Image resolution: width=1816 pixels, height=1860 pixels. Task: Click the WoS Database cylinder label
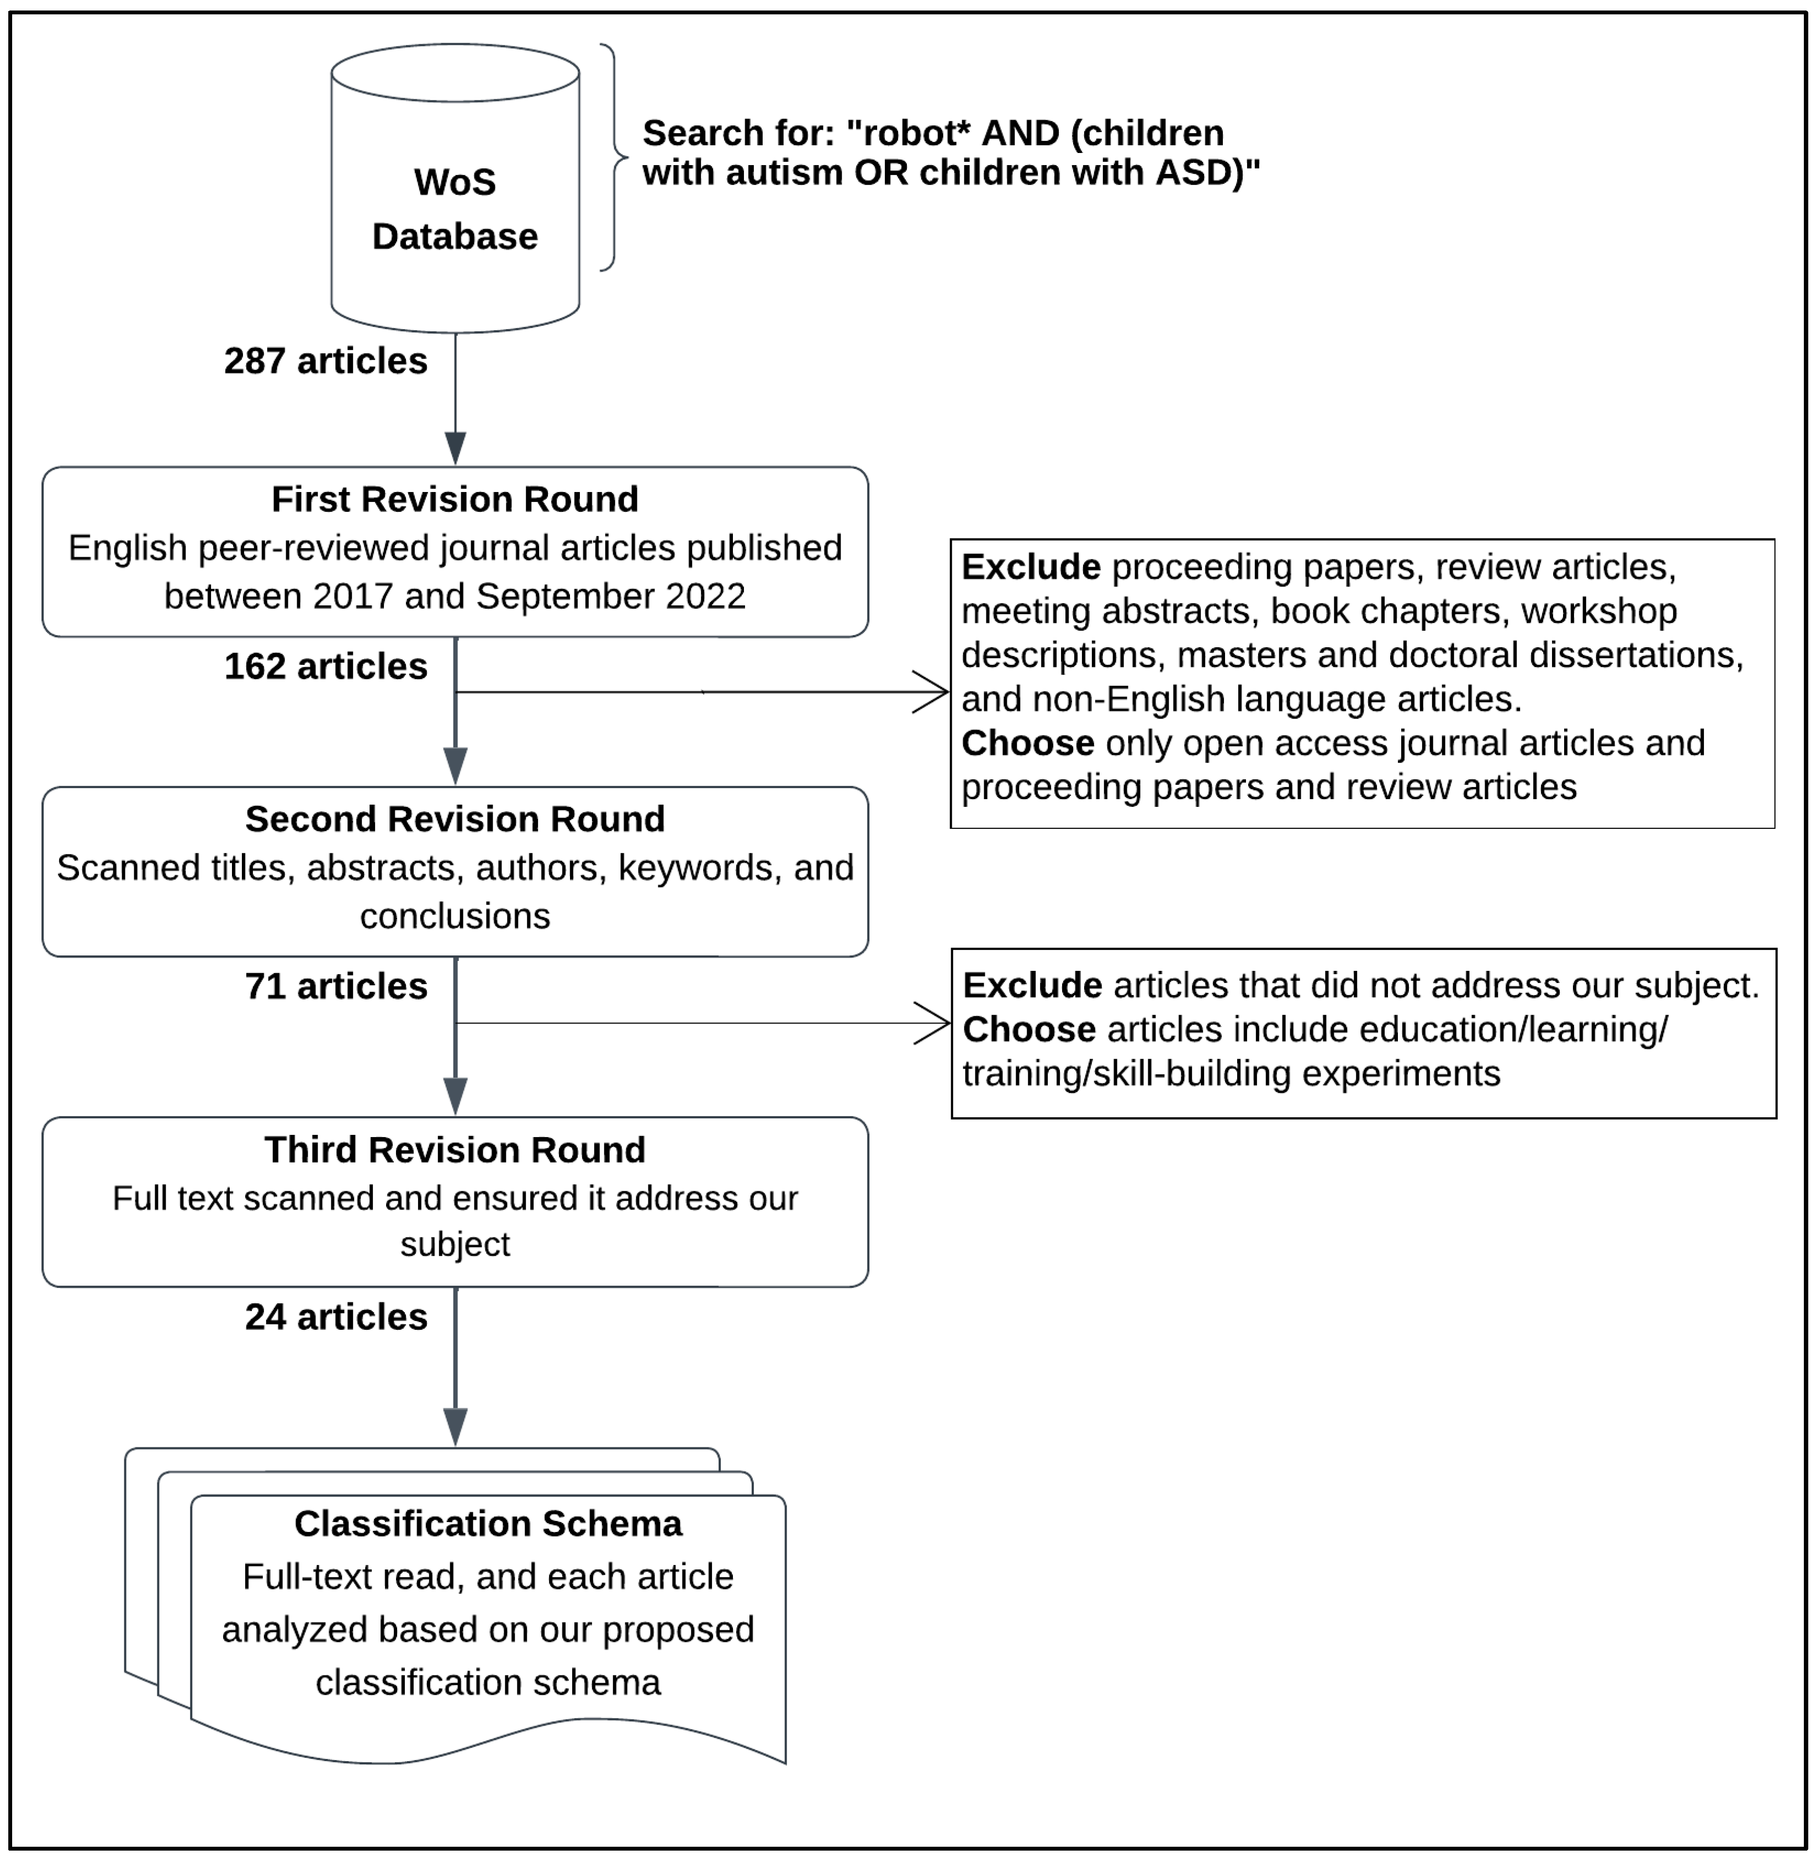[455, 209]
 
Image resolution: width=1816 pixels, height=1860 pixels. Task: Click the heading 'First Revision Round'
[455, 499]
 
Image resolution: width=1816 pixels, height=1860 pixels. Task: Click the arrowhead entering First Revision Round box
[456, 448]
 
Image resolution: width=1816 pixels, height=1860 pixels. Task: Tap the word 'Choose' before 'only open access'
[1027, 743]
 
